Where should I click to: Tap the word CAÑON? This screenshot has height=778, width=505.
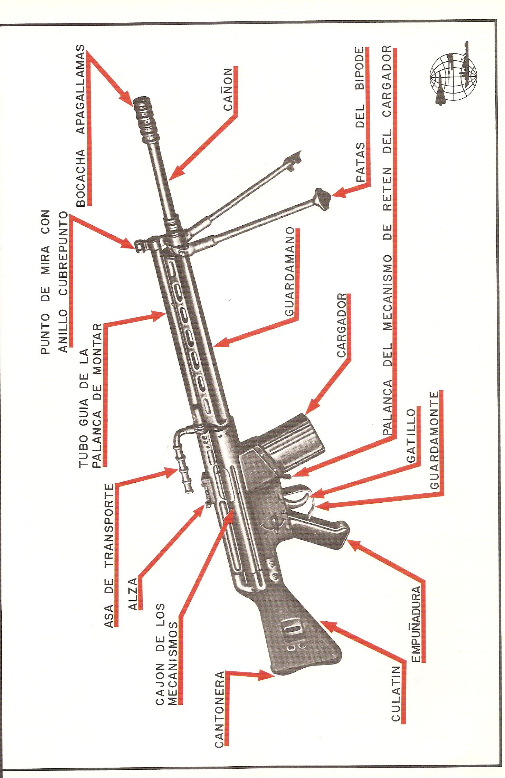[228, 89]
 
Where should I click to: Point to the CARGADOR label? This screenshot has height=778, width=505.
[342, 325]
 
